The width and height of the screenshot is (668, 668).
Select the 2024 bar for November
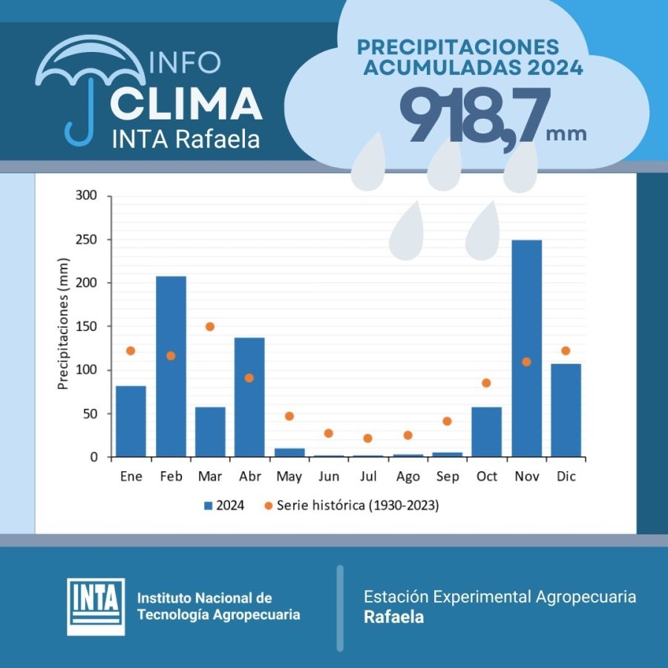[526, 348]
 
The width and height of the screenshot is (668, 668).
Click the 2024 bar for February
[171, 367]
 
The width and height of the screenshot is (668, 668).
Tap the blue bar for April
[249, 397]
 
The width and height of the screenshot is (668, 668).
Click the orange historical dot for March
[210, 327]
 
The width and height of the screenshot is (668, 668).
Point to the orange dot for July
[367, 438]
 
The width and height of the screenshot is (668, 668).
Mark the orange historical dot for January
[131, 350]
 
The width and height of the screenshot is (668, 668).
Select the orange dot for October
[486, 383]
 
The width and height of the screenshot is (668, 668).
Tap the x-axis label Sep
[447, 477]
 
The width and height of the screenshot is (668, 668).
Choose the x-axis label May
[289, 477]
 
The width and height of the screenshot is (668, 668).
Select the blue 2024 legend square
[209, 506]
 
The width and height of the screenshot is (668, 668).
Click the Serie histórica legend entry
[356, 506]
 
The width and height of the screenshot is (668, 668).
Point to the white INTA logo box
[96, 606]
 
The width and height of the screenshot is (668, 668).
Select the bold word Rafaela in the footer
[393, 617]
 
